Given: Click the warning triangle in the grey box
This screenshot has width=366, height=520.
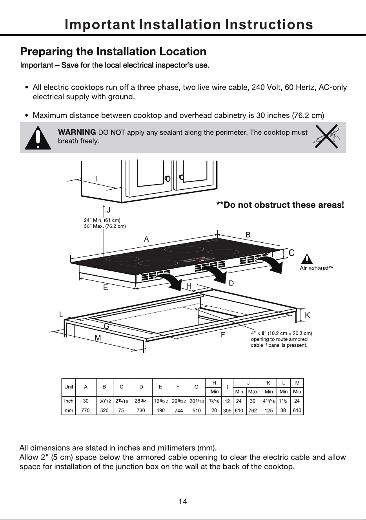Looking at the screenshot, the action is tap(38, 138).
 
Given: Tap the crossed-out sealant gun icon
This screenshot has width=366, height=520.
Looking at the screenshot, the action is tap(326, 136).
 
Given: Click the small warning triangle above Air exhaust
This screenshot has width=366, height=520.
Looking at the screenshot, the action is tap(307, 259).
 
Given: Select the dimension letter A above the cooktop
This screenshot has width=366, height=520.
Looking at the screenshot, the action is tap(146, 239).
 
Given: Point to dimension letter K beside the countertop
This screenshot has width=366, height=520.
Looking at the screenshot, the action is tap(307, 315).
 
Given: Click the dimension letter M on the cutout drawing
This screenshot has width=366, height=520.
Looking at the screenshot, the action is tap(98, 338).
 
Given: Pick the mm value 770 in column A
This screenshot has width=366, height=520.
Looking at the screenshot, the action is tap(86, 410).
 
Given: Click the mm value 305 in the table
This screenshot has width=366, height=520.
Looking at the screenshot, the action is tap(227, 410).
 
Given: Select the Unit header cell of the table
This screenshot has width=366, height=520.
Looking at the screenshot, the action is tap(69, 387).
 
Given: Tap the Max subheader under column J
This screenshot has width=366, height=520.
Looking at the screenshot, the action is tap(253, 392).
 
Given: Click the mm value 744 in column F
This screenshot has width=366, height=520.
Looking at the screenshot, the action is tap(178, 410).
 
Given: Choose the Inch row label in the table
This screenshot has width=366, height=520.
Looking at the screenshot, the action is tap(69, 401).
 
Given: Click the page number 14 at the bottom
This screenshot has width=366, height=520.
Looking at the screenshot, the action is tap(182, 502).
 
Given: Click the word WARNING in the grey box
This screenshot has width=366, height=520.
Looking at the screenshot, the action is tap(77, 132).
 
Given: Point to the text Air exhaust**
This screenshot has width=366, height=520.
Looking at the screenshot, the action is tap(316, 268).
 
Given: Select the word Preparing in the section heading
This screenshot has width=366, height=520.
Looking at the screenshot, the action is tap(46, 52).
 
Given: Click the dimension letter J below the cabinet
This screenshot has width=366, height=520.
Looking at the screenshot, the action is tap(108, 210).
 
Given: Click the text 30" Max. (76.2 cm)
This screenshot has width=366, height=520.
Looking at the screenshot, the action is tap(105, 226).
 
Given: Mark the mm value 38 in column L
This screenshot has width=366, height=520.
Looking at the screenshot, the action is tap(283, 410).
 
